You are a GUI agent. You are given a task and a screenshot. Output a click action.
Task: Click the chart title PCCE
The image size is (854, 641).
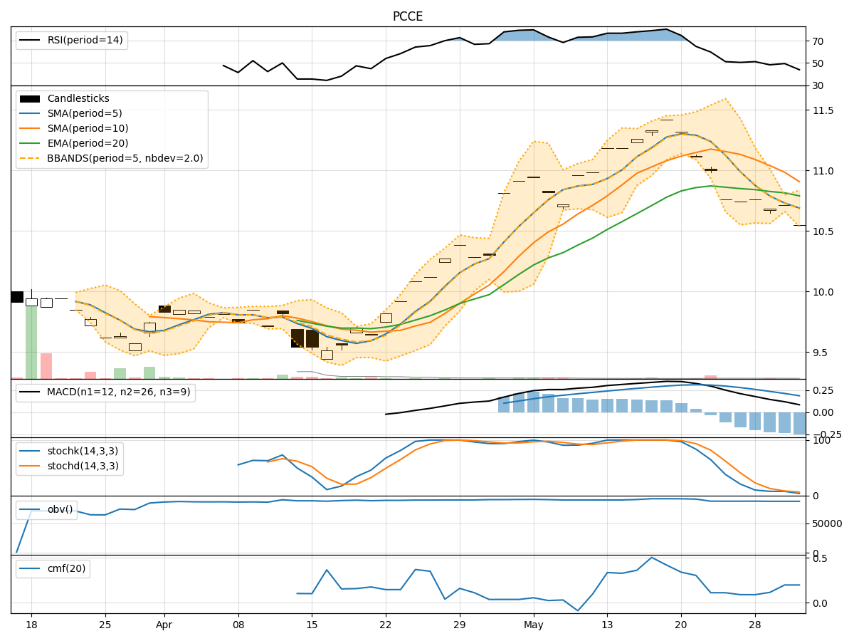(x=408, y=16)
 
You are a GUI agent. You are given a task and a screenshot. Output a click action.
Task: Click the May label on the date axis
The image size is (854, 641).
(x=534, y=625)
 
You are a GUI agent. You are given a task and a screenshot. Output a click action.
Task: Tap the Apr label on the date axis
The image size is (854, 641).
(x=164, y=625)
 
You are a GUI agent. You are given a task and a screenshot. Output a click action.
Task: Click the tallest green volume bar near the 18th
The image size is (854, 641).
(x=31, y=342)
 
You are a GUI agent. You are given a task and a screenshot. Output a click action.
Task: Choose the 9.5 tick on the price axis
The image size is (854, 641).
(x=818, y=353)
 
